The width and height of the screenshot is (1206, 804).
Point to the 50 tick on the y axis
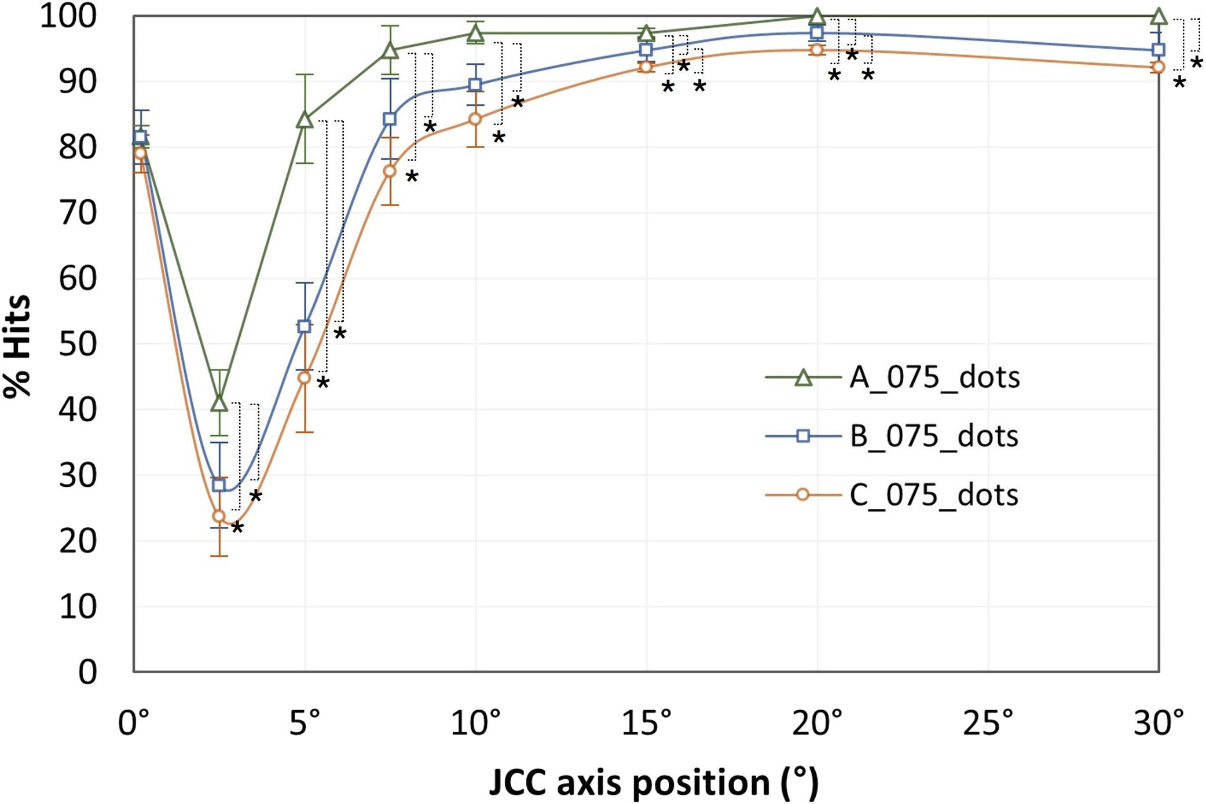(x=78, y=344)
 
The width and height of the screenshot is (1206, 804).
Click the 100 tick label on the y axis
(x=68, y=16)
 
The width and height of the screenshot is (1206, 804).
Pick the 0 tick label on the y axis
(x=87, y=673)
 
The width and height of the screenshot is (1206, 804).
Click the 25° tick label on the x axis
(x=988, y=724)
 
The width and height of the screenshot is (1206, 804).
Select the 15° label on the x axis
(x=646, y=724)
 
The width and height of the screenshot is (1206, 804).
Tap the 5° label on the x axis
(x=305, y=724)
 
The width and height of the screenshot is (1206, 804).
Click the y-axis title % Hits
(x=17, y=346)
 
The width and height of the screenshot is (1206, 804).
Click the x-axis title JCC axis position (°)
(x=654, y=783)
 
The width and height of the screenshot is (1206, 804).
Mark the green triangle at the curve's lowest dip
(x=219, y=403)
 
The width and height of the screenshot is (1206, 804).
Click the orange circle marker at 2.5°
(x=219, y=516)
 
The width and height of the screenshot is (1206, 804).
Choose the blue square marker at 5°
(x=305, y=326)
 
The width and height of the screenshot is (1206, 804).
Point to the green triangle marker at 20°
(x=817, y=16)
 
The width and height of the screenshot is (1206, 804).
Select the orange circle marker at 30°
(x=1159, y=67)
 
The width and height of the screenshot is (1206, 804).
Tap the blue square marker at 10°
(x=475, y=85)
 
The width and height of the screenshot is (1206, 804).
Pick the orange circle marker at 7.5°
(x=390, y=171)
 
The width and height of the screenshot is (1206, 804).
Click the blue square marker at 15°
(x=646, y=50)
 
